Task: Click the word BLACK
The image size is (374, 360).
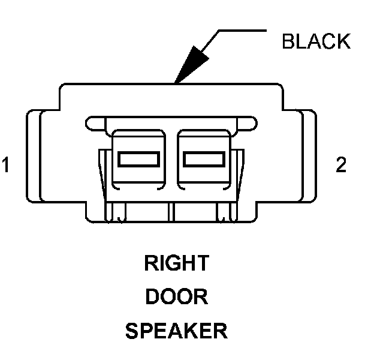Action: click(x=316, y=41)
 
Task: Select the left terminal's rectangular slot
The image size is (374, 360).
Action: click(x=138, y=159)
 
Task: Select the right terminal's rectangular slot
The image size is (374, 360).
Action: click(x=204, y=159)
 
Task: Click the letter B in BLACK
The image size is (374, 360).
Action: click(x=288, y=41)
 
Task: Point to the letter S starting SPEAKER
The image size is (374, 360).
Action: click(x=131, y=331)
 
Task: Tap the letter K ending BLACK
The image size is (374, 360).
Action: click(x=343, y=41)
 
